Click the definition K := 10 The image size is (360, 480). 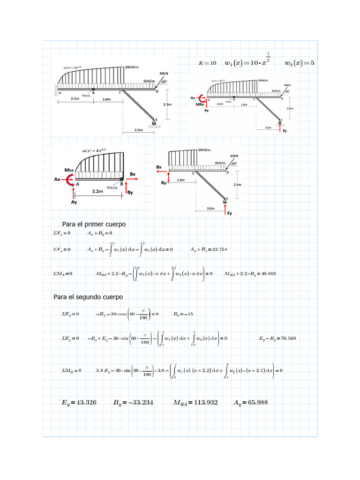[x=208, y=63]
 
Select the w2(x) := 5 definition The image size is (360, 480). [x=300, y=63]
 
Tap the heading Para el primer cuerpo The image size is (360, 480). [x=94, y=224]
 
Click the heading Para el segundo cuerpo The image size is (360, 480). [x=88, y=297]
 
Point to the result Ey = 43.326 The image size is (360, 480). [x=79, y=402]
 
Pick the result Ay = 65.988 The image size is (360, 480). [x=251, y=402]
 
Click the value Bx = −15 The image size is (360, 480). [x=183, y=314]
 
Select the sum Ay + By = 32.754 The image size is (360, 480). [x=209, y=249]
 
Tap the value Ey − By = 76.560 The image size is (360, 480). [x=277, y=338]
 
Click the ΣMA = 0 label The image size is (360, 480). [x=63, y=274]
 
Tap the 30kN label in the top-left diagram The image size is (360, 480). [x=164, y=74]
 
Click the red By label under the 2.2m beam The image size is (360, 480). [x=131, y=192]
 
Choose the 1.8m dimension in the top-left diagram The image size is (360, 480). [x=106, y=99]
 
